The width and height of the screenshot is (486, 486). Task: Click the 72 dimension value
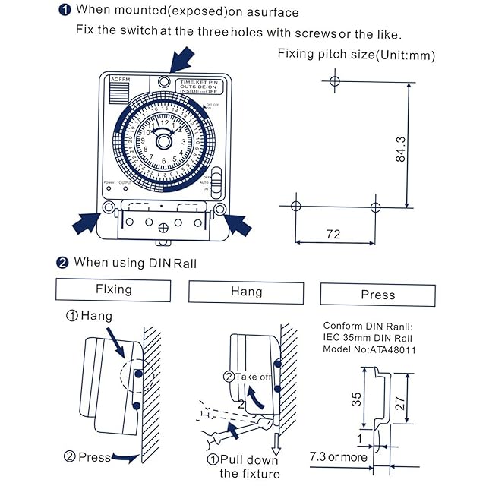(333, 234)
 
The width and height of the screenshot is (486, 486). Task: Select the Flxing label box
(113, 290)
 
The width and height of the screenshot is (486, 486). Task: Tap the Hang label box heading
(246, 292)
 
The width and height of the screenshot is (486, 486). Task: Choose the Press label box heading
(378, 295)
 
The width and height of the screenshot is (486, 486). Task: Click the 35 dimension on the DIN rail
(358, 400)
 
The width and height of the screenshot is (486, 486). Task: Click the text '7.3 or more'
(338, 457)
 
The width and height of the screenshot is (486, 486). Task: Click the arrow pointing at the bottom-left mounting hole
(86, 222)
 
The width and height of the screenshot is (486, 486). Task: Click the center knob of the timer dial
(165, 142)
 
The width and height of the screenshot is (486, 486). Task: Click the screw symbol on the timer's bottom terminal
(164, 226)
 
